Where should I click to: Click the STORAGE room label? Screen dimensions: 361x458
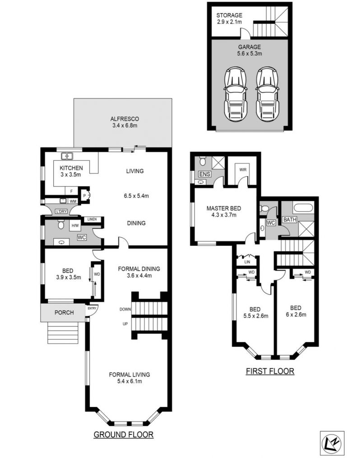(229, 15)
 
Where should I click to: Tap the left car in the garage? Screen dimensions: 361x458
(236, 94)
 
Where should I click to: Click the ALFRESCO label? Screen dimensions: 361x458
(125, 119)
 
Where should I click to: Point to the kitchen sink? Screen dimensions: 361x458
(67, 156)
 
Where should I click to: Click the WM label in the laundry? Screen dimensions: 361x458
(73, 201)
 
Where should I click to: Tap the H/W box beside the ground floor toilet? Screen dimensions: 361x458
(75, 225)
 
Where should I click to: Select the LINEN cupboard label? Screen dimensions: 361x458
(92, 219)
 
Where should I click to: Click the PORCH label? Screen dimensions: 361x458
(64, 313)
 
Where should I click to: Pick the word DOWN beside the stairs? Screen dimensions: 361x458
(125, 309)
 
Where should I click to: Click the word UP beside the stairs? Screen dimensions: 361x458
(125, 324)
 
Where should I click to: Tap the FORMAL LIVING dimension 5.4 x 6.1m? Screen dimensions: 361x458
(129, 381)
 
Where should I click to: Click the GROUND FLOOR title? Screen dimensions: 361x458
(124, 435)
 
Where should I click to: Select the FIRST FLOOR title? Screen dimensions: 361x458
(270, 371)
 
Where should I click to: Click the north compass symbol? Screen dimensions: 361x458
(333, 443)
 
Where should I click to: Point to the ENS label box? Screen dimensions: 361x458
(204, 174)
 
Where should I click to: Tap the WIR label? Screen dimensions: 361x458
(243, 170)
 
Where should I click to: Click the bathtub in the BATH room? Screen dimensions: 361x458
(303, 208)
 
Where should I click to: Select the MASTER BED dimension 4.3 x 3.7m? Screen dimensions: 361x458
(224, 215)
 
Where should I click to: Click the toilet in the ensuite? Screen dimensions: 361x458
(202, 161)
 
